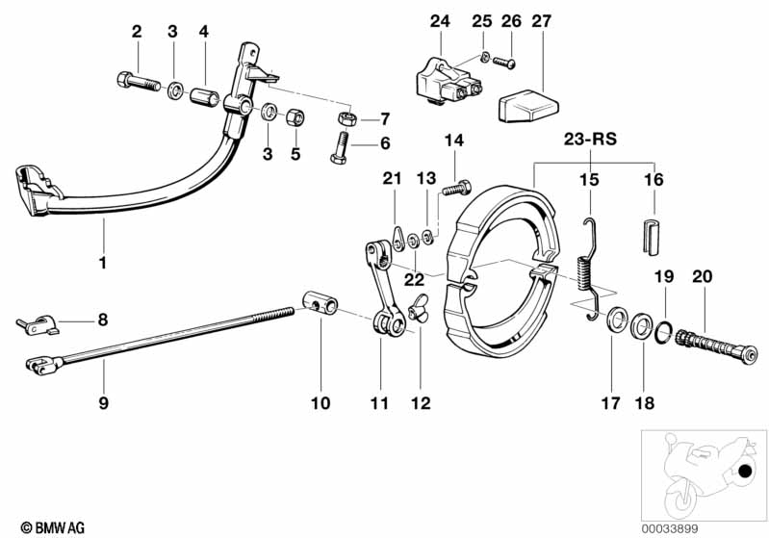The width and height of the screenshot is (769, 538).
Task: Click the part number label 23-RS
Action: pos(590,139)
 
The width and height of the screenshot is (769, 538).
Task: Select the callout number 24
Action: pos(440,21)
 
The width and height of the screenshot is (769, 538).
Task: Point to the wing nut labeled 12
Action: pos(418,312)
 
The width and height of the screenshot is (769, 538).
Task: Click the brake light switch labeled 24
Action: pos(441,73)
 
